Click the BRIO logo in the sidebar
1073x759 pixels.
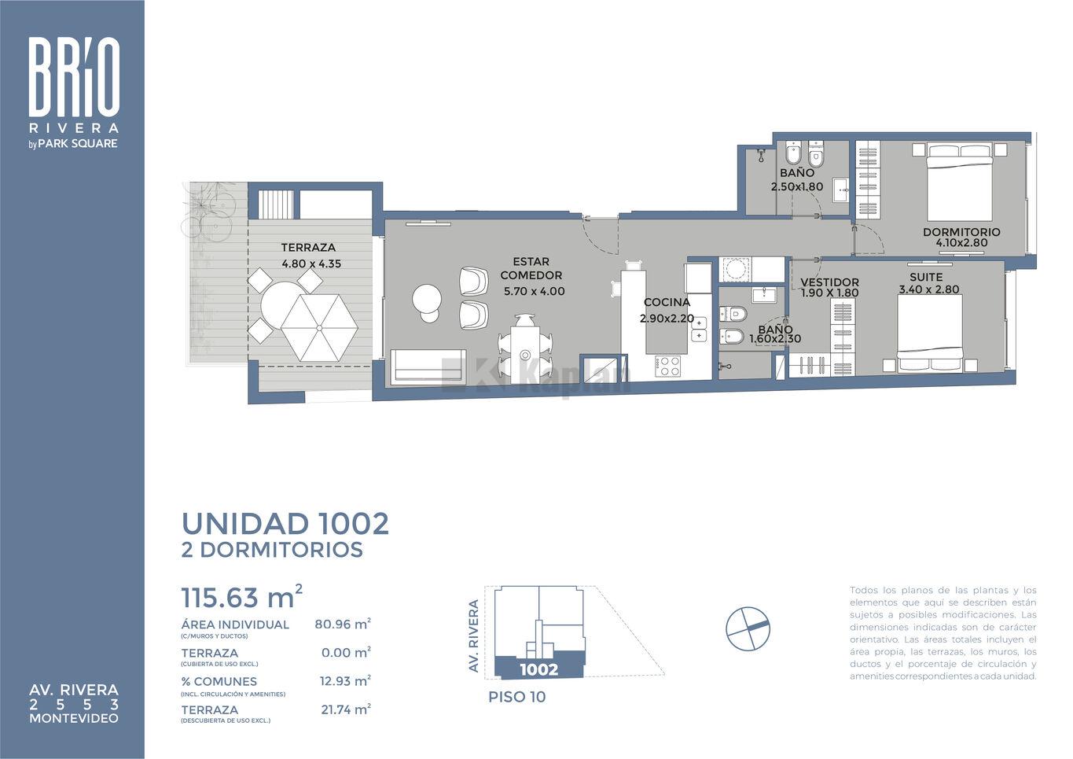tap(74, 76)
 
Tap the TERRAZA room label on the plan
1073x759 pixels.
tap(308, 248)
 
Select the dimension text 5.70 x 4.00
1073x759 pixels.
tap(534, 291)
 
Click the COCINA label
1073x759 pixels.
tap(667, 302)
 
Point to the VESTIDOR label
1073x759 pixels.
tap(829, 282)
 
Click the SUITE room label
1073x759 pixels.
tap(926, 277)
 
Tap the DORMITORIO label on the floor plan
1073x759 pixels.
tap(961, 232)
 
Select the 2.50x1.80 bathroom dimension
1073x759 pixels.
tap(796, 186)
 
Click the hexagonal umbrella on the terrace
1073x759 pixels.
tap(319, 327)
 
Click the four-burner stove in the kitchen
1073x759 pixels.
tap(667, 366)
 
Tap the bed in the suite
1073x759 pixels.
tap(930, 333)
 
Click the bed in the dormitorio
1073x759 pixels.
tap(960, 182)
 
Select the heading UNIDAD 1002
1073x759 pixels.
tap(285, 524)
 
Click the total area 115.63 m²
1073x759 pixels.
tap(241, 596)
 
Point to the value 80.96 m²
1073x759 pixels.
tap(343, 624)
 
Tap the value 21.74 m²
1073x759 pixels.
tap(346, 709)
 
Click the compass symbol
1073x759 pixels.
tap(748, 628)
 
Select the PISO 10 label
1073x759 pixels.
tap(517, 697)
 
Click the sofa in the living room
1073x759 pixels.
tap(428, 366)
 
